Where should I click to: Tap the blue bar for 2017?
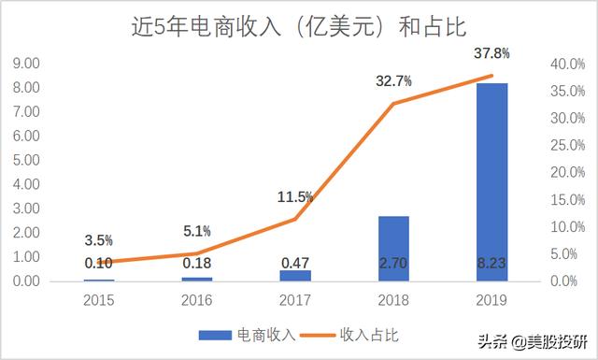(294, 275)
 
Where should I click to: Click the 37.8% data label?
(491, 52)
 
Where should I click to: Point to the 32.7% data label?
(393, 81)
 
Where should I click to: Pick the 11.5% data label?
(294, 196)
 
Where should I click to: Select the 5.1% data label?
(195, 230)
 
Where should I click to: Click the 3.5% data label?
(98, 239)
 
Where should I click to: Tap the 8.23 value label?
(491, 264)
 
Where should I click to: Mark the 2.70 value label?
(393, 264)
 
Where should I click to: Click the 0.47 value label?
(294, 264)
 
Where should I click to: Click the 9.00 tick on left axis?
(25, 64)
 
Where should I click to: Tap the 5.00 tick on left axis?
(25, 160)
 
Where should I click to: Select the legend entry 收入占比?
(370, 334)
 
